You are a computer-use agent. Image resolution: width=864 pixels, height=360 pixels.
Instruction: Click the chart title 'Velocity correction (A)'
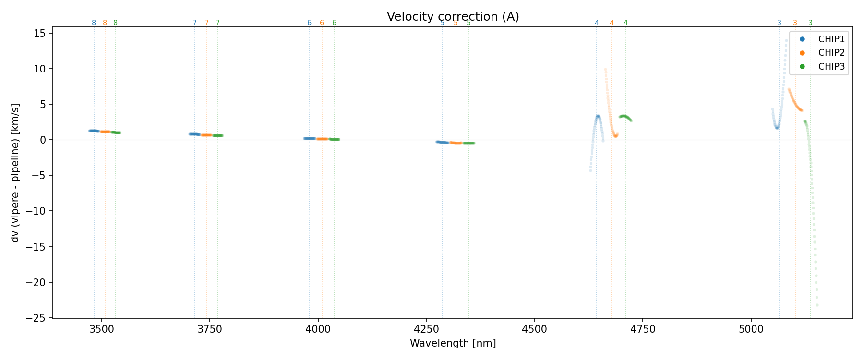point(453,17)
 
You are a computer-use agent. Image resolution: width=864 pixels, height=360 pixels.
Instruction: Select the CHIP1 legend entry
point(831,39)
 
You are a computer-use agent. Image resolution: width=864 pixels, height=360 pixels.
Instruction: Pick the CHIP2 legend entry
point(831,53)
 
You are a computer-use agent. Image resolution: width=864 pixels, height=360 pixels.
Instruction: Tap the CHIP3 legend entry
point(831,67)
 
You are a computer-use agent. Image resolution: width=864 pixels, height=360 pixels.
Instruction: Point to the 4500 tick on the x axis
point(534,329)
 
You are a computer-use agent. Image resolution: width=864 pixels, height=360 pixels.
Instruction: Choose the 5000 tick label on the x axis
point(751,329)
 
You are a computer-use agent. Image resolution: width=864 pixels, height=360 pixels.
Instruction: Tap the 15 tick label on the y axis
point(40,33)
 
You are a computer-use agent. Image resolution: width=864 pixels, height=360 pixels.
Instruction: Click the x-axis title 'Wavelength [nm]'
point(453,343)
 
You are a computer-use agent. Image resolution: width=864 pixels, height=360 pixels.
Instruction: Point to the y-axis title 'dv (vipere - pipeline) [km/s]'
point(15,173)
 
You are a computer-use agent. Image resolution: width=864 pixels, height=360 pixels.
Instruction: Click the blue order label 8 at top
point(94,23)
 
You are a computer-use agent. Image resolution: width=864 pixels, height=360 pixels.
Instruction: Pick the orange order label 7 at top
point(206,23)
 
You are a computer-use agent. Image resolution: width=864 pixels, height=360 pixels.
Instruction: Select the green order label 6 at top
point(334,23)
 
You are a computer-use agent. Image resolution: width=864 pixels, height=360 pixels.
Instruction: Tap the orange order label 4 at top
point(611,23)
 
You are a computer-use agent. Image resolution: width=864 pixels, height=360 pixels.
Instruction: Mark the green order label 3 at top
point(810,23)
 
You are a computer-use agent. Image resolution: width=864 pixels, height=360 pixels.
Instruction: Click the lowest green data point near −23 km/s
point(817,305)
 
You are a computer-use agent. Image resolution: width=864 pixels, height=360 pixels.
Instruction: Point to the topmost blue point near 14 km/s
point(786,41)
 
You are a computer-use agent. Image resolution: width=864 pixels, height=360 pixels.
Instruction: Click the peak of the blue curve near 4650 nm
point(598,116)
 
